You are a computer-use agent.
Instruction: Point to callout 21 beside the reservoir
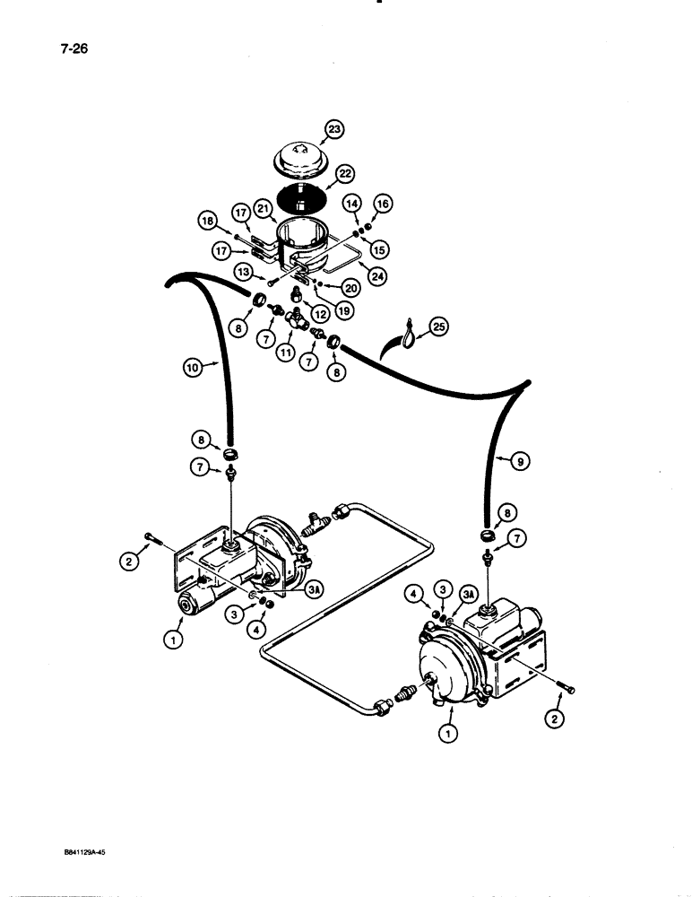264,208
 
